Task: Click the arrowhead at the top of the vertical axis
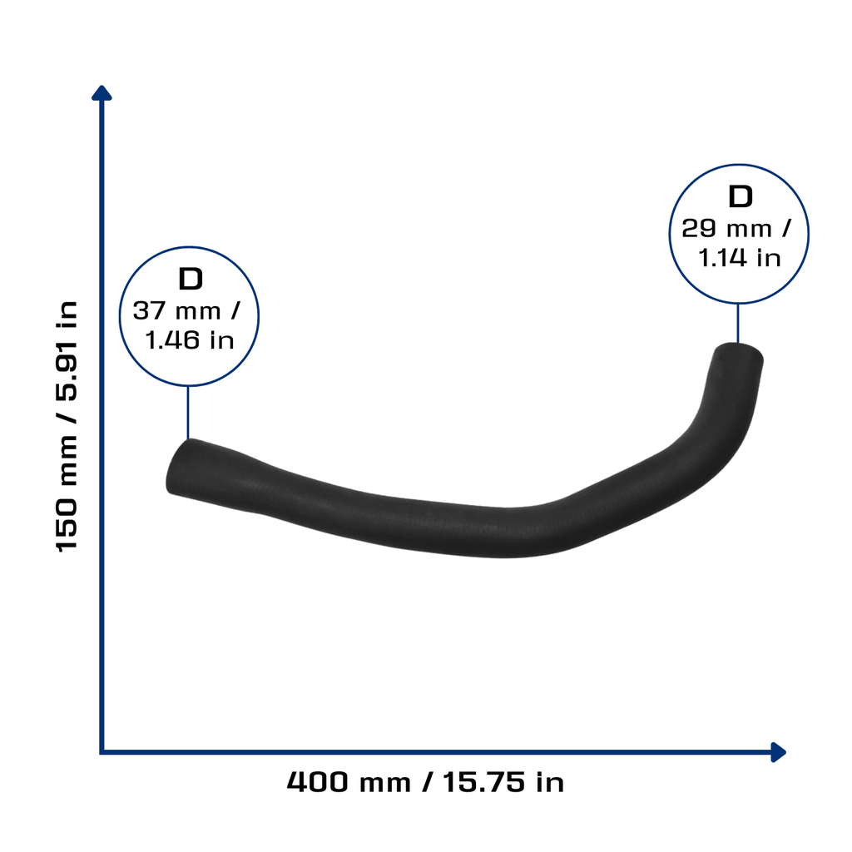(x=102, y=93)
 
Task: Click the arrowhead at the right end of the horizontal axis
(x=779, y=752)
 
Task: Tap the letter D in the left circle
(x=191, y=279)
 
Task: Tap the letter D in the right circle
(x=740, y=196)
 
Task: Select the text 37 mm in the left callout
(x=177, y=311)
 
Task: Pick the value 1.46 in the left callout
(x=172, y=340)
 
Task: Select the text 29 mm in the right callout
(x=726, y=228)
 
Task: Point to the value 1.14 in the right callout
(x=722, y=258)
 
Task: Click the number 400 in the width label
(x=318, y=782)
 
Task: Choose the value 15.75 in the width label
(x=484, y=782)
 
